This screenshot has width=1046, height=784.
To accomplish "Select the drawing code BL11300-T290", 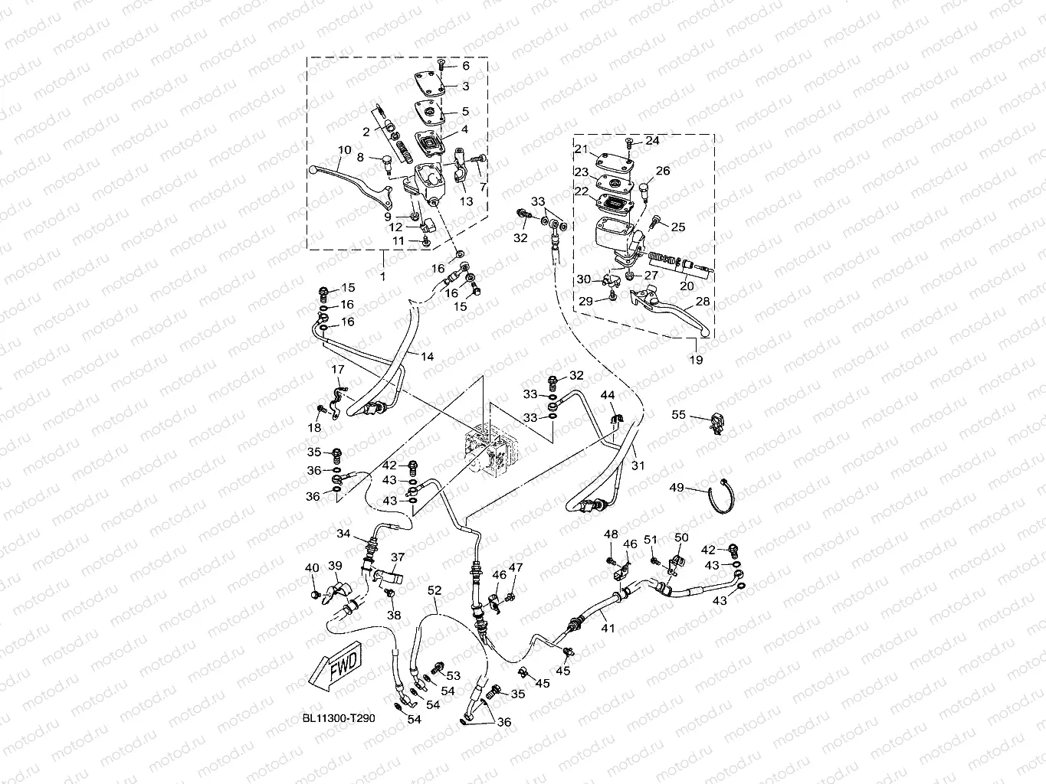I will (x=338, y=720).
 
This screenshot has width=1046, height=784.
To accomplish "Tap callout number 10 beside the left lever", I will (x=344, y=151).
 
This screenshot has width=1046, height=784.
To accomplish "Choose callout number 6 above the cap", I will (x=464, y=66).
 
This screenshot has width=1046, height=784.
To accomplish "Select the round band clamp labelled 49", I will (x=720, y=498).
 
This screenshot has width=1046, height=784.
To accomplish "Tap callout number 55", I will (x=678, y=415).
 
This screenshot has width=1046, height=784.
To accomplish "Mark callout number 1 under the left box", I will (x=383, y=273).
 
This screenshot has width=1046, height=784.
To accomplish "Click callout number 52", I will (x=434, y=590).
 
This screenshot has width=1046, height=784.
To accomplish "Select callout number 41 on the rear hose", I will (x=608, y=628).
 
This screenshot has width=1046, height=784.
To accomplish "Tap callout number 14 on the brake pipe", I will (x=427, y=357).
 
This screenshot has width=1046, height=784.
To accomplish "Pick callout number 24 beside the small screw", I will (x=651, y=141).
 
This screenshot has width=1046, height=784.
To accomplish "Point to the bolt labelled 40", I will (x=314, y=593).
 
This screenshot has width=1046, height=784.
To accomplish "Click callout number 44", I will (x=607, y=394).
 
